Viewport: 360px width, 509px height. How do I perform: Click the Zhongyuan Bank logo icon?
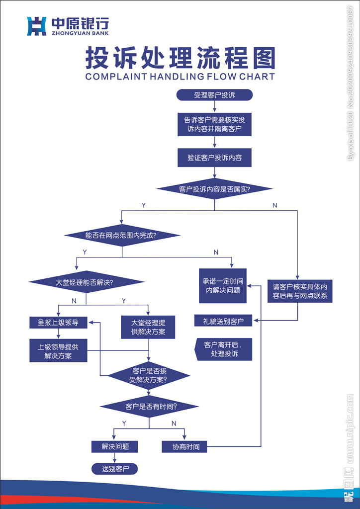tap(36, 26)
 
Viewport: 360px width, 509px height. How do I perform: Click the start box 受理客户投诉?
tap(214, 95)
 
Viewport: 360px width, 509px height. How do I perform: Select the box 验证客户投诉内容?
tap(214, 158)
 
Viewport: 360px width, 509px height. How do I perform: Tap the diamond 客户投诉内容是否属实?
tap(214, 189)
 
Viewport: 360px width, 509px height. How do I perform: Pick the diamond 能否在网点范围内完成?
tap(122, 236)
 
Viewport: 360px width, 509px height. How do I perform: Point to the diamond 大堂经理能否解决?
tap(86, 283)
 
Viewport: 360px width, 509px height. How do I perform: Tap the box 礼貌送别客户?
tap(223, 321)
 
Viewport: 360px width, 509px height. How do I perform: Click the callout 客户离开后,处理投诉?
tap(224, 349)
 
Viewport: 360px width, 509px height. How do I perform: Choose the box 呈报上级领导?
tap(58, 323)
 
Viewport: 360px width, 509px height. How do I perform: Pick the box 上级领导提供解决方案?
tap(58, 351)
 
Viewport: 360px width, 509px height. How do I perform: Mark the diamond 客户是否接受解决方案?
tap(149, 375)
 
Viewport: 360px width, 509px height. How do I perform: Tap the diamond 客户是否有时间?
tap(149, 407)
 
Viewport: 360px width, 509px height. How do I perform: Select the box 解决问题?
tap(115, 446)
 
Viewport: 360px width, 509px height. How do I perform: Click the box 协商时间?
tap(186, 447)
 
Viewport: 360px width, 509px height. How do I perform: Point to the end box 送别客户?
tap(115, 469)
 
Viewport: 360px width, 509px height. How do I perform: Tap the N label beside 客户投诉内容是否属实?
tap(275, 205)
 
